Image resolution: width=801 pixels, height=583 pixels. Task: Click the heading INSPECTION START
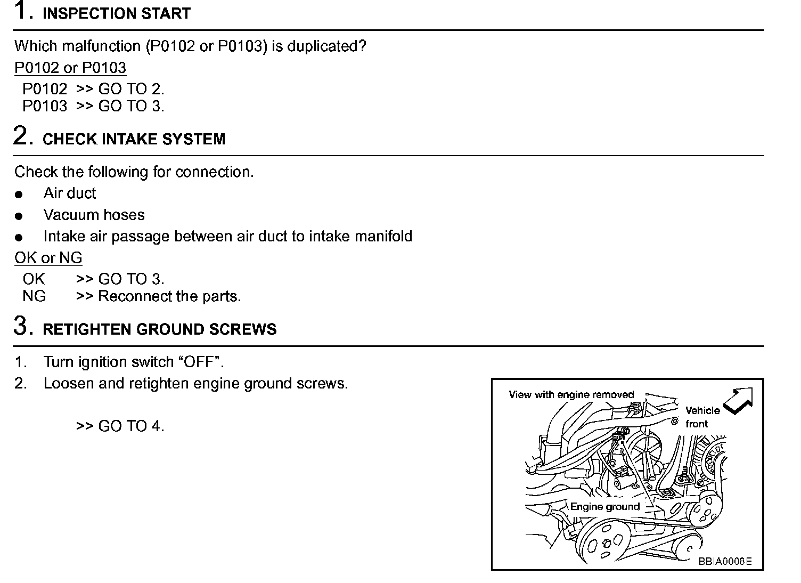(116, 13)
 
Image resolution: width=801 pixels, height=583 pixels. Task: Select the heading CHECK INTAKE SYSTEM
(134, 139)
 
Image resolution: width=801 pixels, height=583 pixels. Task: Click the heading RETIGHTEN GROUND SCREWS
(159, 329)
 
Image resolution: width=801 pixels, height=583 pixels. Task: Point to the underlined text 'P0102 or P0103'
(70, 68)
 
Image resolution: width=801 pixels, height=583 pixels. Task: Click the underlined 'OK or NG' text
(48, 258)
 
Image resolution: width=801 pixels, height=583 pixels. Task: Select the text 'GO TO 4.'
(131, 426)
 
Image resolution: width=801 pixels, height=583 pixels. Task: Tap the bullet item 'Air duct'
(69, 193)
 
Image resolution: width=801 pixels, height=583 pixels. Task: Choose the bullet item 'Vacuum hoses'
(94, 215)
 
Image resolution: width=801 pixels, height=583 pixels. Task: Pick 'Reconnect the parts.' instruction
(169, 296)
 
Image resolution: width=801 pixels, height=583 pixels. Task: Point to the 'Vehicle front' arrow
(738, 400)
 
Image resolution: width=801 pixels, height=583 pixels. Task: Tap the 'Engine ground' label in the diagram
(604, 506)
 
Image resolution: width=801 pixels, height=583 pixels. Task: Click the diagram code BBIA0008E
(725, 561)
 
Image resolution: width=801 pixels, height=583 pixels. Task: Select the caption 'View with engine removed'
(571, 395)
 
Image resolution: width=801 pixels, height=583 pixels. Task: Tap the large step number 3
(22, 326)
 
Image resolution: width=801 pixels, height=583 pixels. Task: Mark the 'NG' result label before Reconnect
(34, 296)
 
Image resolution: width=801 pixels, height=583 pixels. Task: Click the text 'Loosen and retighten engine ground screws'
(195, 384)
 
